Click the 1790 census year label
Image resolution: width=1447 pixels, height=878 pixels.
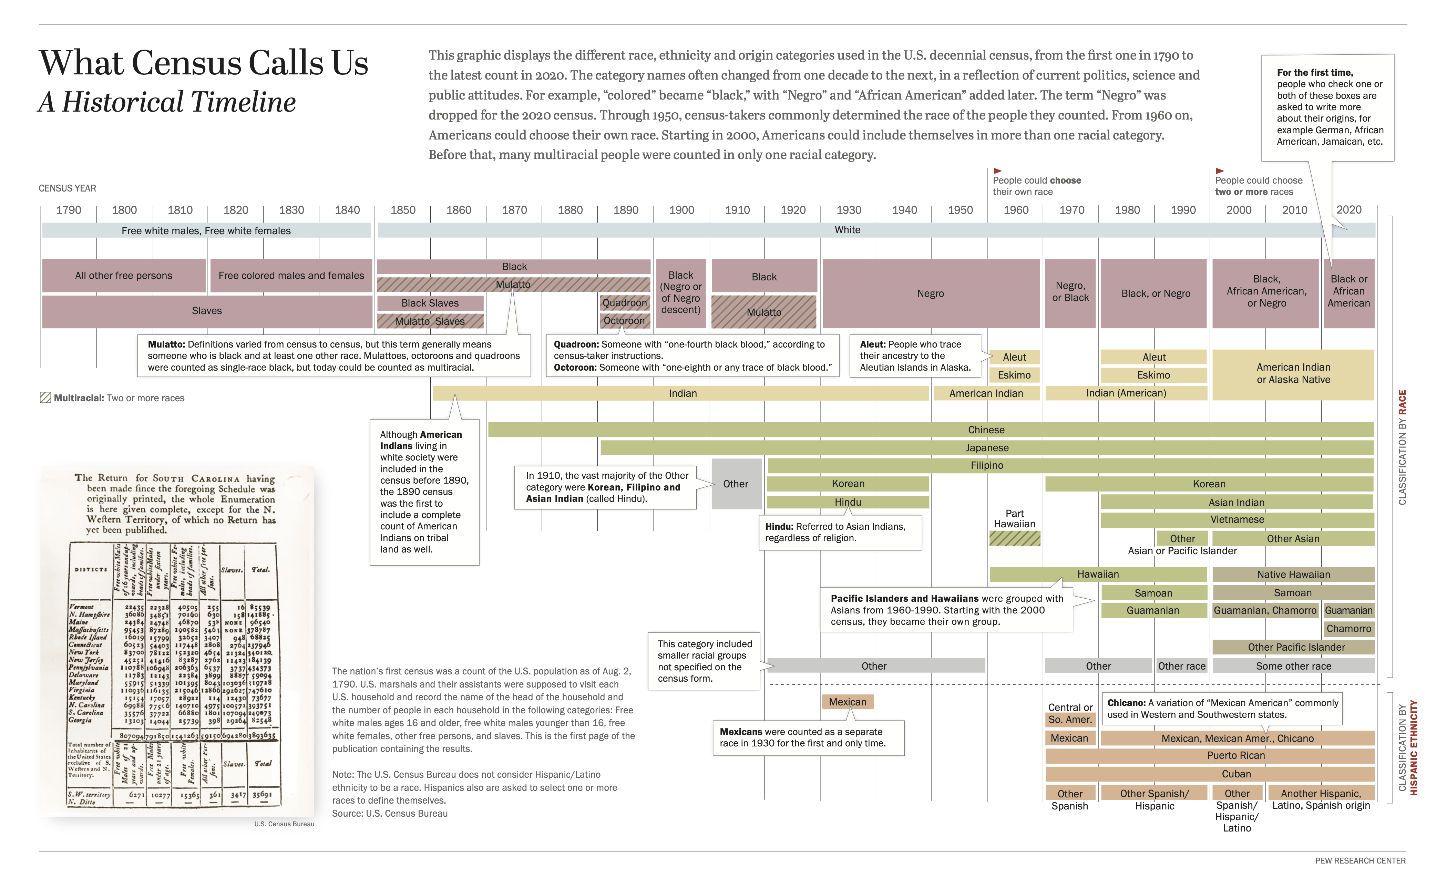[x=69, y=210]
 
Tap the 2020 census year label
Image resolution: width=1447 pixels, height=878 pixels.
[x=1348, y=210]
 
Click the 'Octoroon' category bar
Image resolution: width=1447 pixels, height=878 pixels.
[x=624, y=321]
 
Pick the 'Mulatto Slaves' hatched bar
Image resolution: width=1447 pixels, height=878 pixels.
[x=430, y=321]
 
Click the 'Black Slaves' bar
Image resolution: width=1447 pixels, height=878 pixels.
[x=430, y=303]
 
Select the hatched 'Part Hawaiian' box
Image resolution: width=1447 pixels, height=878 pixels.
[x=1014, y=538]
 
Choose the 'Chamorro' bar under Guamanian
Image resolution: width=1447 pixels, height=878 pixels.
[x=1348, y=628]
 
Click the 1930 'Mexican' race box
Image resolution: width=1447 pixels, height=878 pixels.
[x=848, y=702]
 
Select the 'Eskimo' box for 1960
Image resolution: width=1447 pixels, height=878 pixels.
[x=1014, y=375]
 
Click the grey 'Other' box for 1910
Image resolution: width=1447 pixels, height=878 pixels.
[x=736, y=484]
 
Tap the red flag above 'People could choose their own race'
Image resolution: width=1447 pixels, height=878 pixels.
[x=997, y=171]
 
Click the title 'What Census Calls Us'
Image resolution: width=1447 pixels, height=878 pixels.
[x=203, y=62]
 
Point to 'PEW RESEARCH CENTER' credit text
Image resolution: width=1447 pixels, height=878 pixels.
[x=1360, y=860]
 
